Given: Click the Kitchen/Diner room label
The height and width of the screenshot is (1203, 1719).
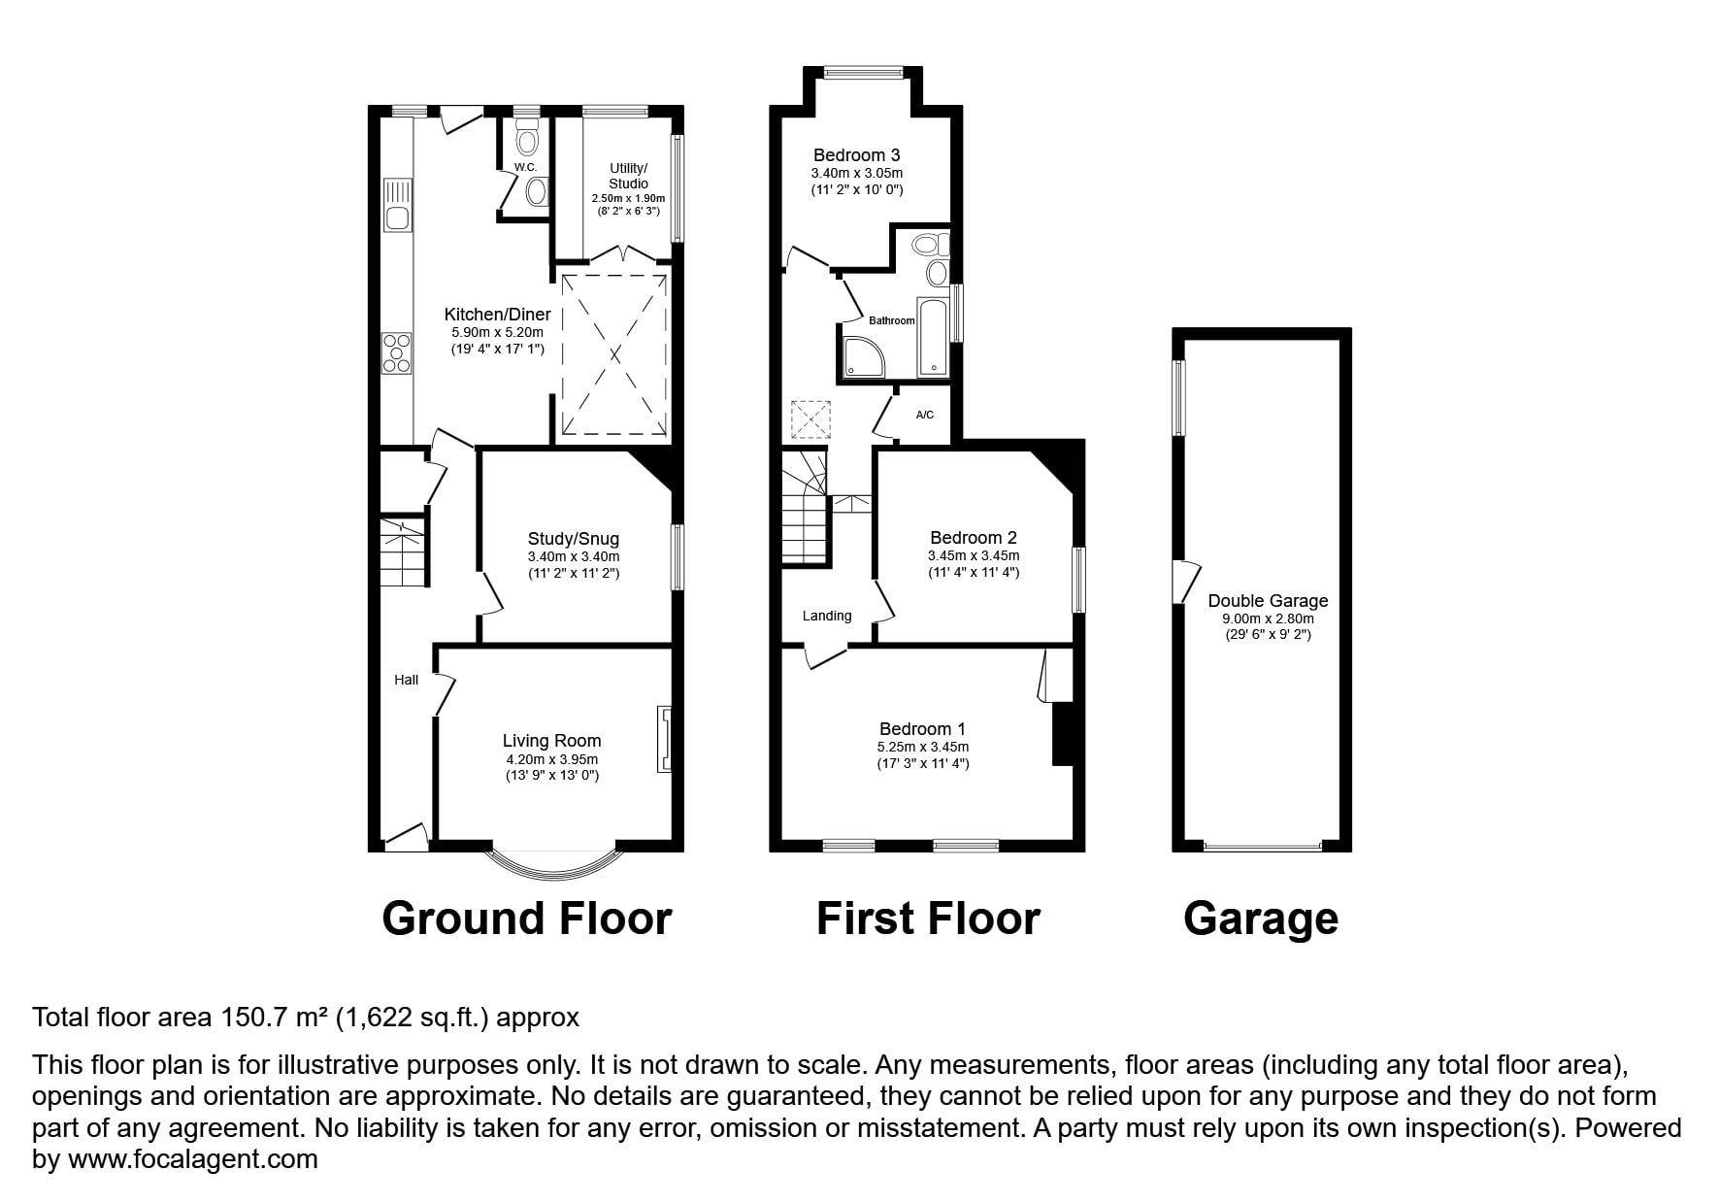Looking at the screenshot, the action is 497,315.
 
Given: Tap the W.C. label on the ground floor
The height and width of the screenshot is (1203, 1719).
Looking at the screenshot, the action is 525,167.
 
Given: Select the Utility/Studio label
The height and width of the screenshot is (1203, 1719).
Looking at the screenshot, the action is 628,176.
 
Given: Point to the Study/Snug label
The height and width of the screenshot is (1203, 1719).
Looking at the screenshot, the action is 573,539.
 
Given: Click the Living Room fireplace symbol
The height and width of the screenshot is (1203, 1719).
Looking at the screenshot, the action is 665,739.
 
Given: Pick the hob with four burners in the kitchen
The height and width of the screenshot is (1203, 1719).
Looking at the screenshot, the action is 397,352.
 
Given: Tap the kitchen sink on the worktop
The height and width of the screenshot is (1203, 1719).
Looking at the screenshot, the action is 397,205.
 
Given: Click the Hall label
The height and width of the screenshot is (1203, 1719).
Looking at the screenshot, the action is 407,680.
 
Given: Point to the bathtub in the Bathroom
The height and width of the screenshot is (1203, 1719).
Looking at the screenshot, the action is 933,337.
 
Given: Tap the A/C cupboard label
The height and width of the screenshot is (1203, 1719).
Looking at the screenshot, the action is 925,416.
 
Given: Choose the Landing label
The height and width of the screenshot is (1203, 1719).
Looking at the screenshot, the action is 827,616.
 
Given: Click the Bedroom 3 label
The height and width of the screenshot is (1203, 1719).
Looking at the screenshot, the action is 857,154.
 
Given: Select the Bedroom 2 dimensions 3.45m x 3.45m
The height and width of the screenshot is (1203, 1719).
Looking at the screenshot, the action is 974,556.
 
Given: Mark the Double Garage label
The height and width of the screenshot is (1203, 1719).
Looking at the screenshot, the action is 1268,601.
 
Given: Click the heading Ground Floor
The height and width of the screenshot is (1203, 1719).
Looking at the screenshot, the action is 527,919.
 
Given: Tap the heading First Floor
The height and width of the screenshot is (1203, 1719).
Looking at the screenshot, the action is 928,919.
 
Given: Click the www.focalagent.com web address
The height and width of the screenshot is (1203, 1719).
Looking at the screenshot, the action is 193,1159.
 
